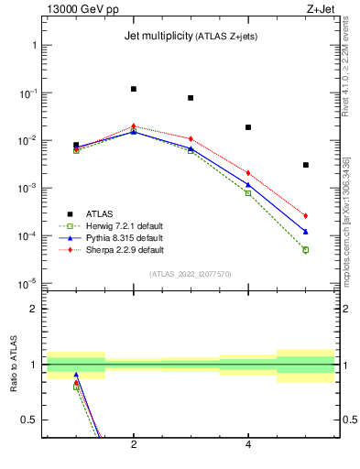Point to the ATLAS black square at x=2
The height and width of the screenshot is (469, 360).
134,89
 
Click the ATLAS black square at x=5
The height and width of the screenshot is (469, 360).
306,165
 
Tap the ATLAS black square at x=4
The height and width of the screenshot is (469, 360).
248,127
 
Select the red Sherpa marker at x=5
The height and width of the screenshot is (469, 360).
306,216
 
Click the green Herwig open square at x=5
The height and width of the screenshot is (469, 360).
306,249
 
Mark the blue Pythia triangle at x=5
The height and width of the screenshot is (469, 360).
306,232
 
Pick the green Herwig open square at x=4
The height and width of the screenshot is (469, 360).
248,192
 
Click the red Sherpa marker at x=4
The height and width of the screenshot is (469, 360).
248,172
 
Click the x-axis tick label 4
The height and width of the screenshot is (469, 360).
248,446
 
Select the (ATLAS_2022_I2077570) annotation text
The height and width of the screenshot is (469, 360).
191,273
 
